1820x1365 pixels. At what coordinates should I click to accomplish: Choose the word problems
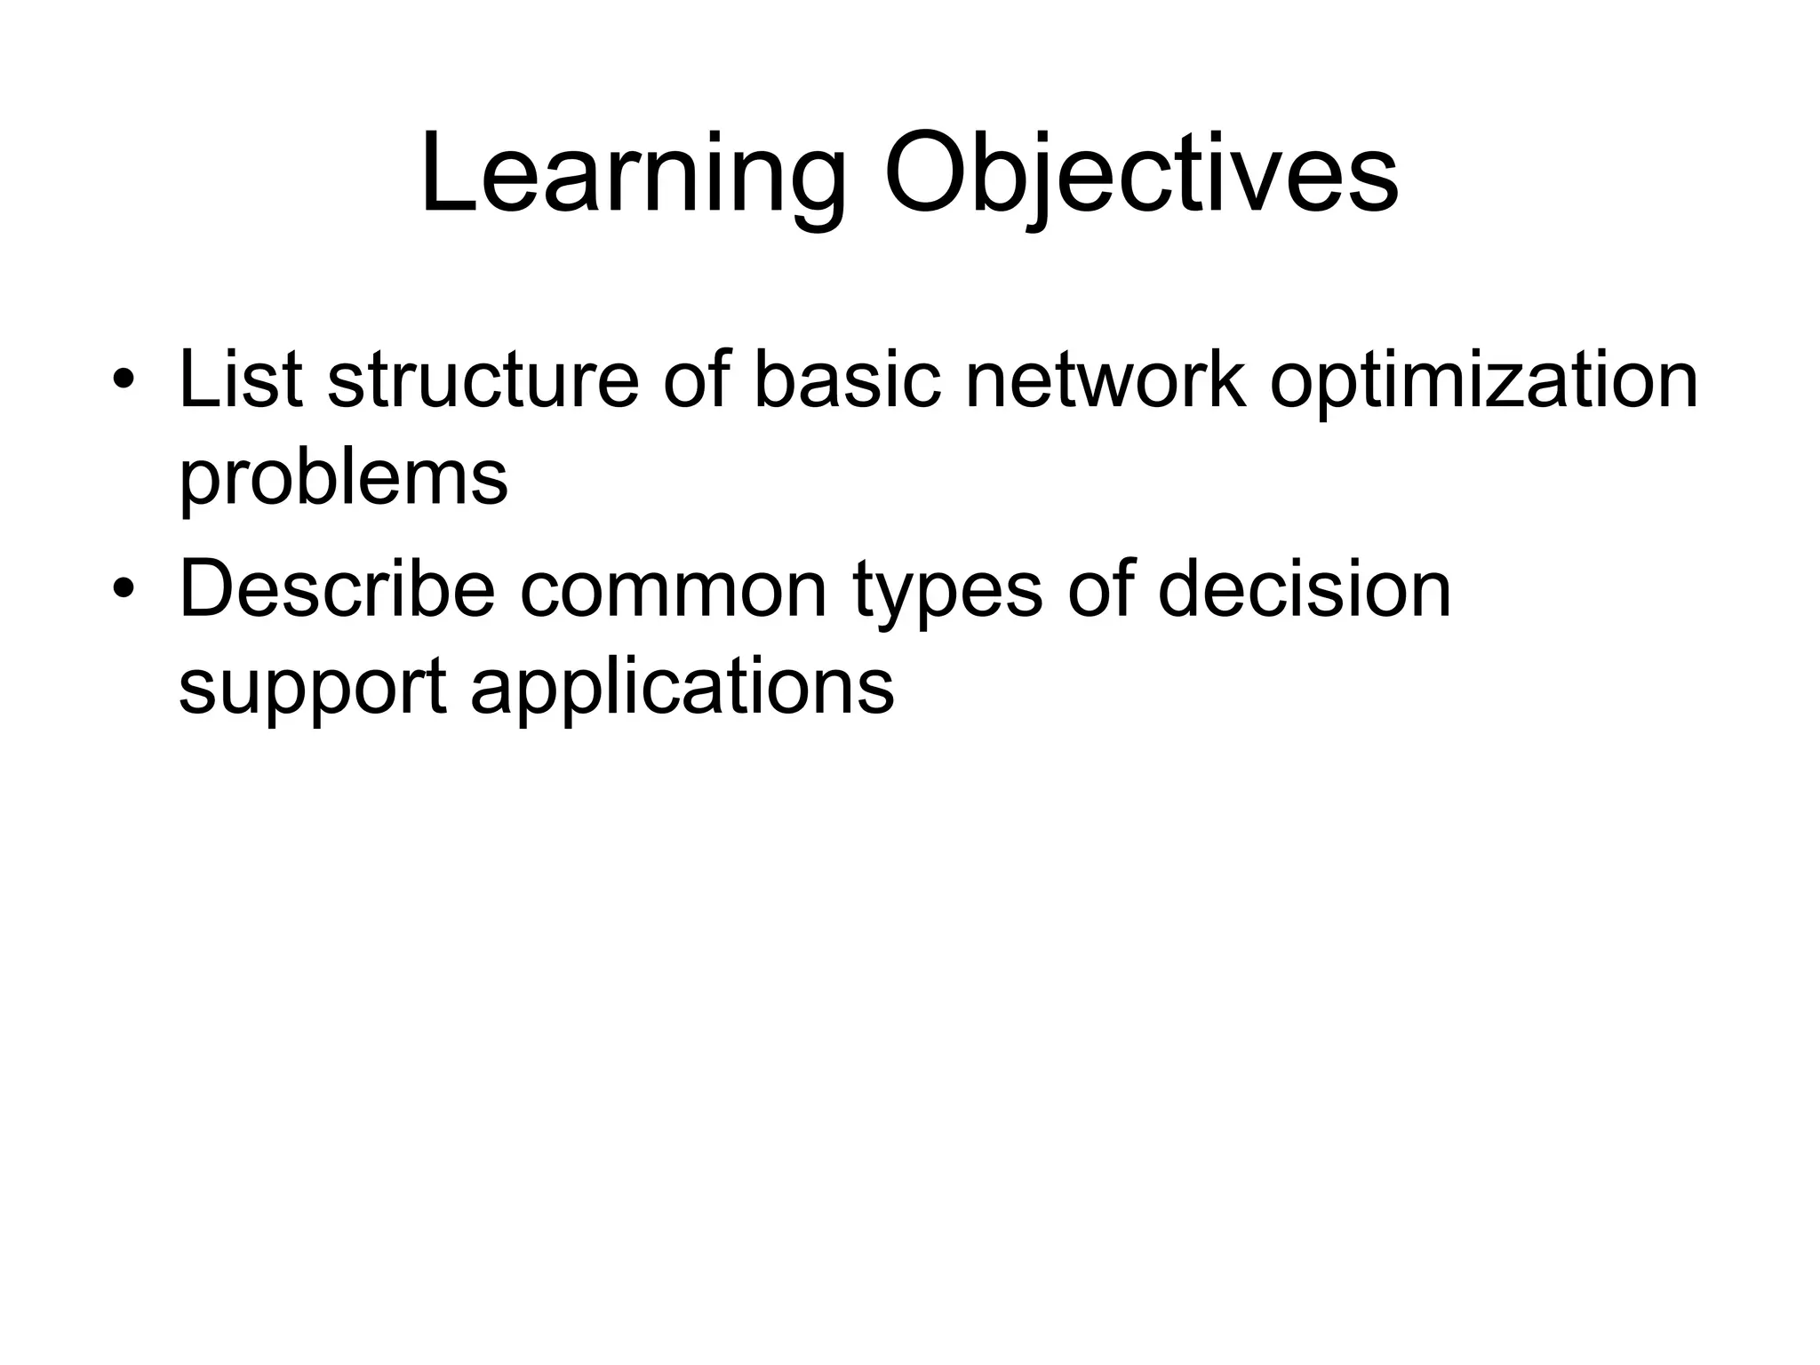[343, 480]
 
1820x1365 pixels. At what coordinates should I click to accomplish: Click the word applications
[682, 690]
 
